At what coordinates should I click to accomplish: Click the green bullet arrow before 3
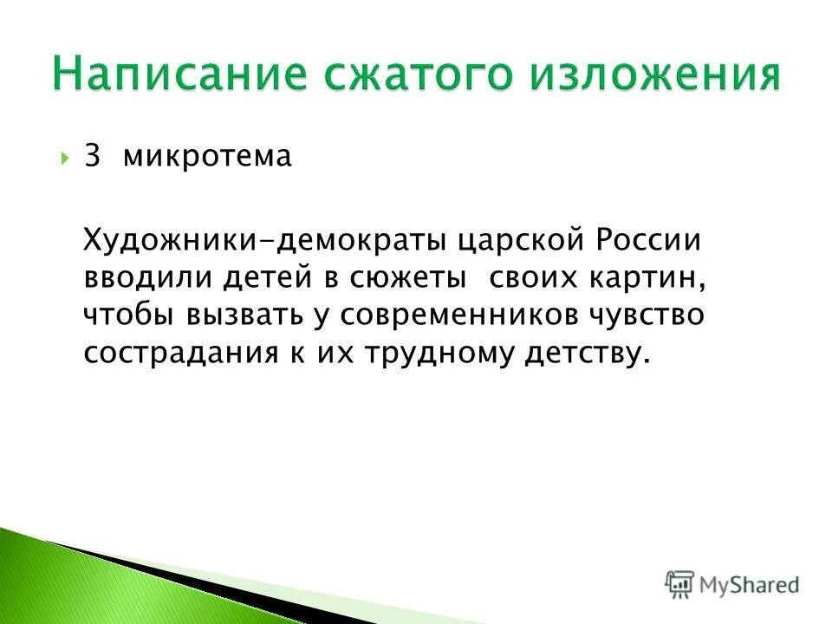tap(67, 159)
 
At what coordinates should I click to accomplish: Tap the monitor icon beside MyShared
tap(679, 583)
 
